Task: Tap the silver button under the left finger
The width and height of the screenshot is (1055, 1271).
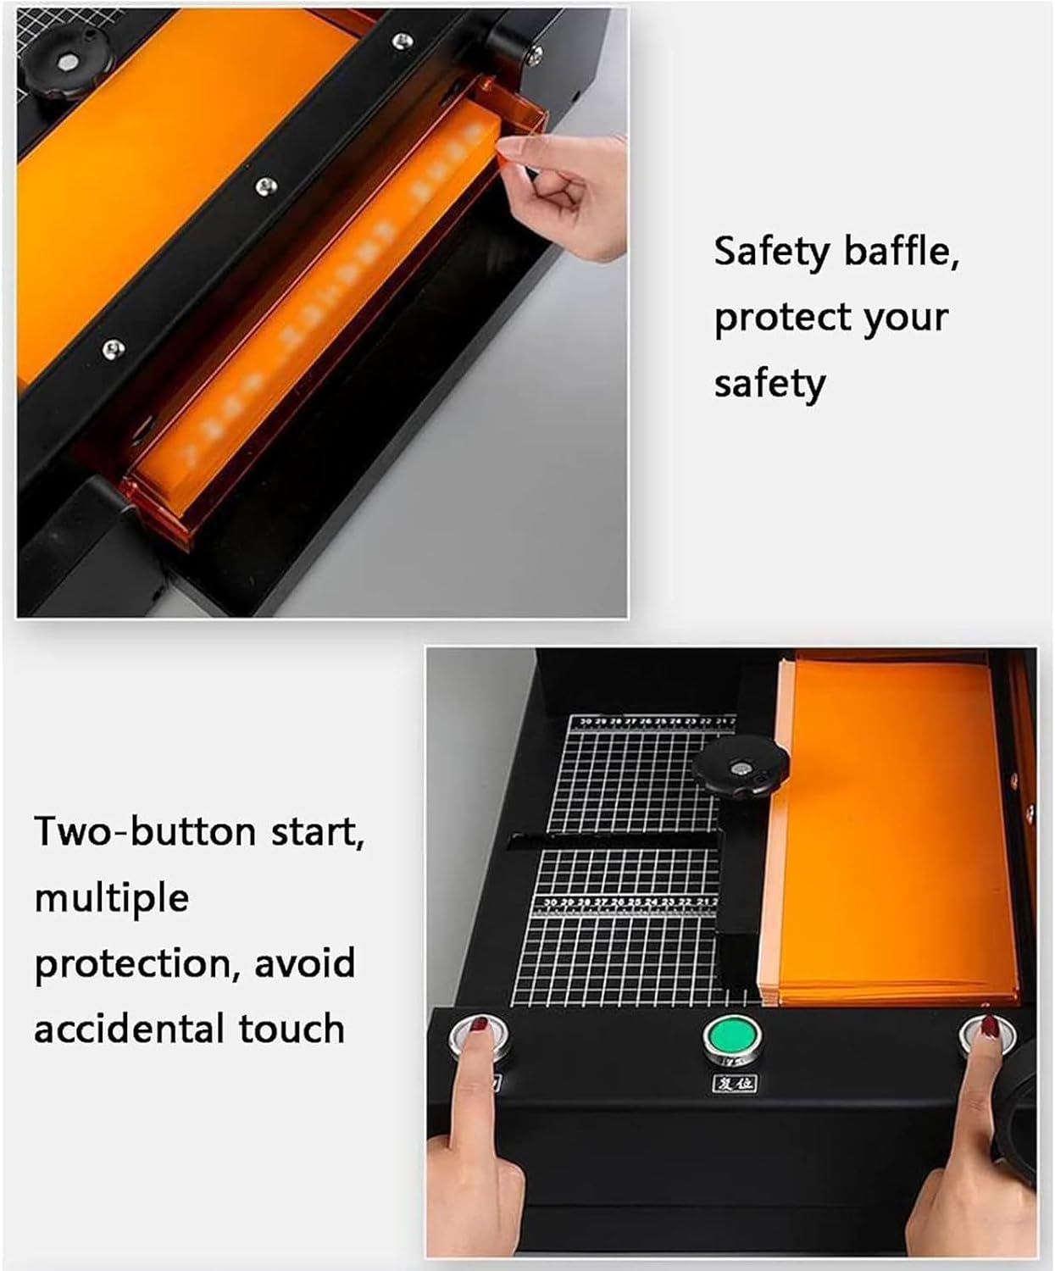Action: click(x=479, y=1038)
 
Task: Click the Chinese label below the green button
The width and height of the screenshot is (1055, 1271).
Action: click(x=734, y=1083)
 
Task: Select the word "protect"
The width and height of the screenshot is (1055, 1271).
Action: click(x=780, y=319)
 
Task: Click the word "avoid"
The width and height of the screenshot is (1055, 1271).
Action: click(x=304, y=963)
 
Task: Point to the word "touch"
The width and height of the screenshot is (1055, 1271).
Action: click(x=292, y=1030)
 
